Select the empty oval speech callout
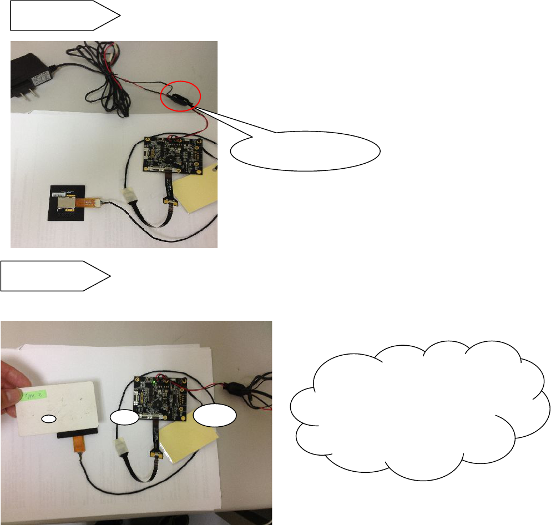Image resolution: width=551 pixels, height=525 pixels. [x=305, y=150]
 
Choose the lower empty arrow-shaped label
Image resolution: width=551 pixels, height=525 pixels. [x=55, y=275]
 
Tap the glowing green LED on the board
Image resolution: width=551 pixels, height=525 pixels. [x=153, y=383]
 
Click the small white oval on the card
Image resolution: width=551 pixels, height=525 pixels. [x=50, y=417]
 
